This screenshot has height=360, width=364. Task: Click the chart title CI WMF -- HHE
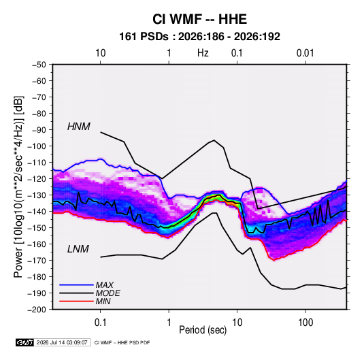pos(199,19)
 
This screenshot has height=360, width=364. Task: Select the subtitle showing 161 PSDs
pos(199,37)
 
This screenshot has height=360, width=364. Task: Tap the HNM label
pos(79,127)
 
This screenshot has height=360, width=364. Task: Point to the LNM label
pos(78,249)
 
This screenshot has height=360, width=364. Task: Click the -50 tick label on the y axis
pos(39,65)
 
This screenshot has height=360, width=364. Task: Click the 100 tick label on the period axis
pos(305,323)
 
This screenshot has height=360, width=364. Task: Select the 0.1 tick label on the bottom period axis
pos(100,323)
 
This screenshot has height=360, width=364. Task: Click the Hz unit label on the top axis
pos(203,53)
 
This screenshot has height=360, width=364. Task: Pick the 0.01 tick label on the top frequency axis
pos(305,53)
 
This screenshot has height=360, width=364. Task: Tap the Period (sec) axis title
pos(203,330)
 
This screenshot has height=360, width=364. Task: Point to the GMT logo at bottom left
pos(25,342)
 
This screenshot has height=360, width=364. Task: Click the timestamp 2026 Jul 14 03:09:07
pos(62,342)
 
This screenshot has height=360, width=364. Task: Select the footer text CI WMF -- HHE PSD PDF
pos(122,342)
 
